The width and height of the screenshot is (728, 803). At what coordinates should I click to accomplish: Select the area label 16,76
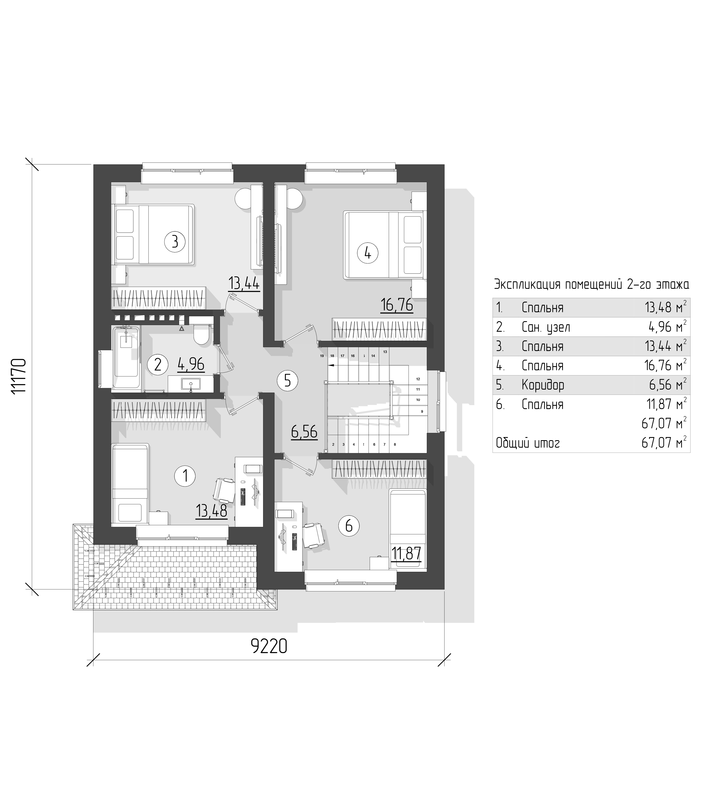[x=396, y=306]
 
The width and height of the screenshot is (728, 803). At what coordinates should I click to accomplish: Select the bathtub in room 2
[x=126, y=357]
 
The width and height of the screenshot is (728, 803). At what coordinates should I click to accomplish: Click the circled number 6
[x=349, y=526]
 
